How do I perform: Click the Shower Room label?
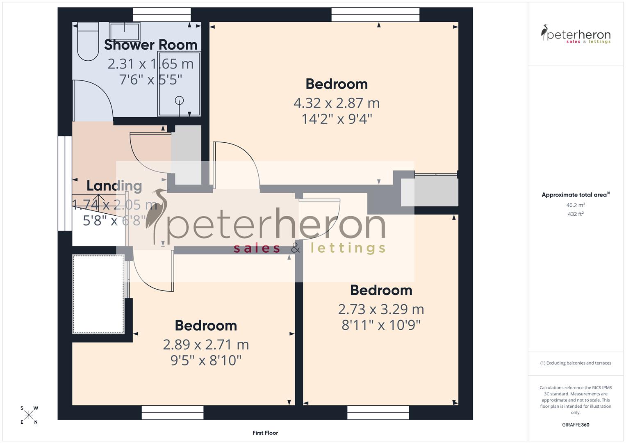click(x=150, y=45)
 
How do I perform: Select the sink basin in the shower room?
click(x=125, y=31)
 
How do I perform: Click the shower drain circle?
click(x=179, y=100)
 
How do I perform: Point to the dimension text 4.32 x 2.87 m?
click(x=336, y=103)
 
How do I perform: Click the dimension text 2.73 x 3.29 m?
click(x=381, y=309)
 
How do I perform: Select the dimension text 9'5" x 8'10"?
click(x=206, y=361)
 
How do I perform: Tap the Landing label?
click(x=114, y=186)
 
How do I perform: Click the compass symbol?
click(x=29, y=415)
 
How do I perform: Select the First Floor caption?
click(x=265, y=433)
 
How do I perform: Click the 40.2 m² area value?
click(x=576, y=205)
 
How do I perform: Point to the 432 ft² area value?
click(x=576, y=214)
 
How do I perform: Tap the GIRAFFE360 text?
click(x=575, y=425)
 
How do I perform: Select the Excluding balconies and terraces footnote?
click(x=576, y=363)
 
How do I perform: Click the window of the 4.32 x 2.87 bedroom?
click(x=376, y=15)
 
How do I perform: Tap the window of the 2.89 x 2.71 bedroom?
click(x=173, y=412)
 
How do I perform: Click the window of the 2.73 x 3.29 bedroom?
click(x=378, y=412)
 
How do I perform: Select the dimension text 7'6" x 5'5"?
click(x=150, y=80)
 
